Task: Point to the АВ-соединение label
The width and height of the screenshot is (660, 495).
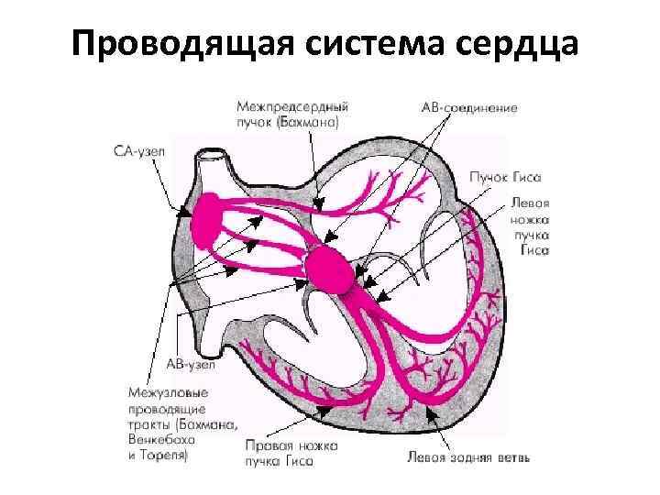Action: (x=468, y=108)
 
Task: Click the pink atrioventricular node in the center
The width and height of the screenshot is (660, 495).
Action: (x=329, y=269)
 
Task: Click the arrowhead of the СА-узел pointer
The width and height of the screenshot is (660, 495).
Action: (x=185, y=214)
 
